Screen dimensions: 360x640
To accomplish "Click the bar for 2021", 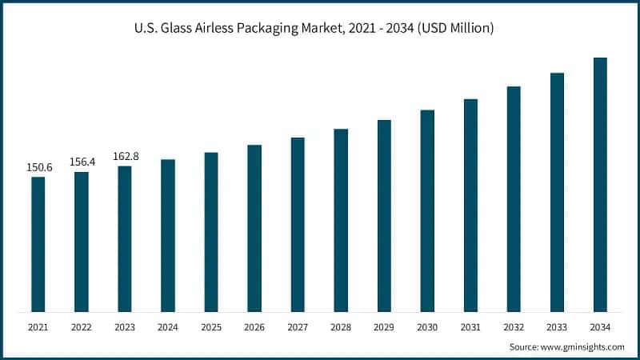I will tap(38, 244).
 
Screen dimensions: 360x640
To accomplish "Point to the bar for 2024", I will tap(168, 235).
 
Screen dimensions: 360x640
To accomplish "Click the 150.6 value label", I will tap(38, 167).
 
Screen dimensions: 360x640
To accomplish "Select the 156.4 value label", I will tap(82, 162).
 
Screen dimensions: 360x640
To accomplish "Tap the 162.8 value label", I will tap(125, 156).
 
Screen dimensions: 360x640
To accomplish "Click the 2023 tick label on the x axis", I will tap(125, 327).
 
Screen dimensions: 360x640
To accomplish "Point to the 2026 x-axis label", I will tap(254, 327).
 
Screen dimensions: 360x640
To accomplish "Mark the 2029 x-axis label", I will tap(384, 327).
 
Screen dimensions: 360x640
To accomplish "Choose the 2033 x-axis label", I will tap(557, 327).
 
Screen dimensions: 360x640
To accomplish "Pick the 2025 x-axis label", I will tap(211, 327).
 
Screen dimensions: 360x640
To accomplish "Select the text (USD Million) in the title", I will tap(454, 28).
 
